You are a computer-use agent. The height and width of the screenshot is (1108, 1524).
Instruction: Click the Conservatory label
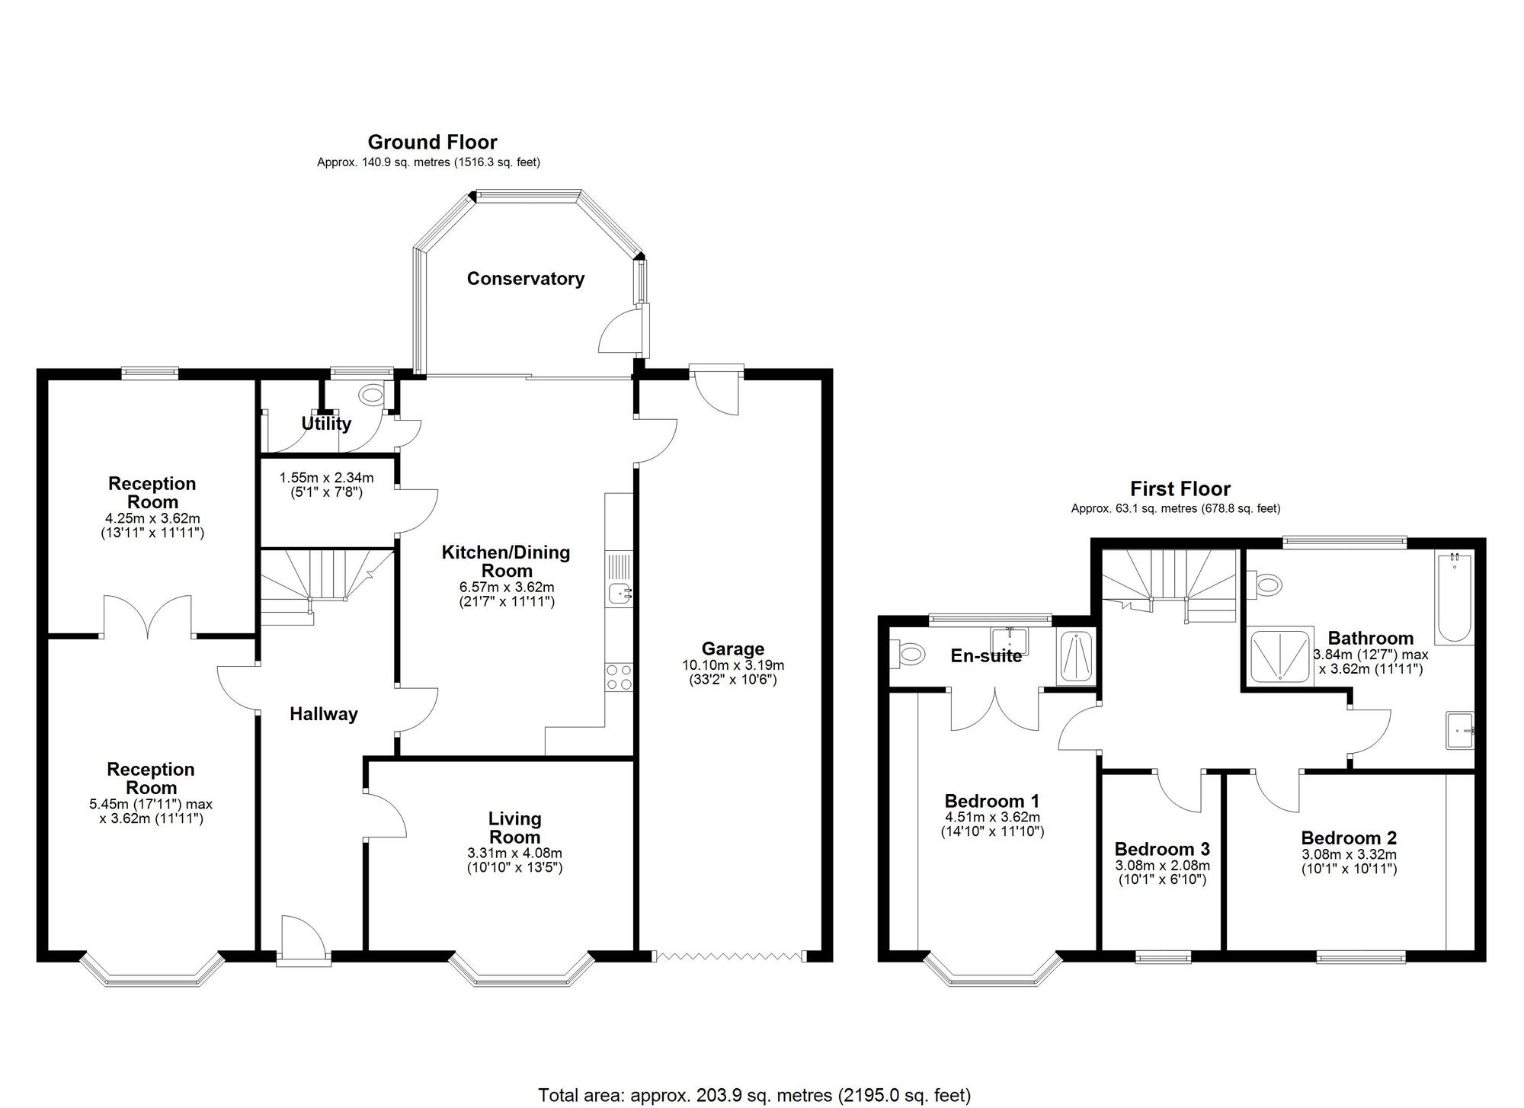tap(525, 279)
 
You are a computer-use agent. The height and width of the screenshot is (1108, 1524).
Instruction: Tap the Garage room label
tap(732, 648)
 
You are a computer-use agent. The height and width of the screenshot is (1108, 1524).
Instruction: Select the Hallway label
tap(323, 714)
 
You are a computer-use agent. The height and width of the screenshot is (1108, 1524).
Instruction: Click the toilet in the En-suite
tap(907, 653)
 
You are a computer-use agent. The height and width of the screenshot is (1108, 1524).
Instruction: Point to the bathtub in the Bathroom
tap(1454, 598)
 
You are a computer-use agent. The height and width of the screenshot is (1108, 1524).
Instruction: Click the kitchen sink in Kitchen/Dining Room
tap(620, 592)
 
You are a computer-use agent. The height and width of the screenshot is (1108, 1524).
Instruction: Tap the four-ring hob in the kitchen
tap(619, 677)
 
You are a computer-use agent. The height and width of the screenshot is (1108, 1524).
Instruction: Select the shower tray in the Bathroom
tap(1280, 655)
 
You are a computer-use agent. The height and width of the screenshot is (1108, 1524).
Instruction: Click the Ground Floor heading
tap(432, 143)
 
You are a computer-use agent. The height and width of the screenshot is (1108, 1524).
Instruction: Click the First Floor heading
tap(1180, 488)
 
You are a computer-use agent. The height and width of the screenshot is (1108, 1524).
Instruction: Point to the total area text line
tap(754, 1095)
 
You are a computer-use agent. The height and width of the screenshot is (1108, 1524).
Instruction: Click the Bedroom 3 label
tap(1161, 849)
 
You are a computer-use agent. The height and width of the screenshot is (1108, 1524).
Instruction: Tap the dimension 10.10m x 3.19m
tap(732, 665)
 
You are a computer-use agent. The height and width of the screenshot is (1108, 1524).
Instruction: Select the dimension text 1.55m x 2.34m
tap(326, 478)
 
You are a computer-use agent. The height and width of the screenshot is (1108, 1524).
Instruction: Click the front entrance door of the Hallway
tap(303, 941)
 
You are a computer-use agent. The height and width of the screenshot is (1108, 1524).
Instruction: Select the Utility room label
tap(326, 424)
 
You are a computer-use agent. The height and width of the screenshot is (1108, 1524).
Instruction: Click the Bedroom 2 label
tap(1349, 838)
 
